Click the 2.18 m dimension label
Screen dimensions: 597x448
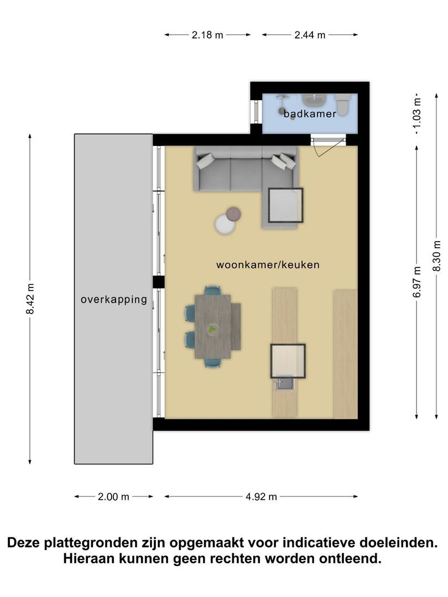click(x=207, y=35)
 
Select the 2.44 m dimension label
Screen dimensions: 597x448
click(x=310, y=35)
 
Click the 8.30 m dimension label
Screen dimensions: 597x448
click(x=437, y=255)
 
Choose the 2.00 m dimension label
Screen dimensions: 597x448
click(x=113, y=496)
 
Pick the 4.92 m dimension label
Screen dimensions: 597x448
click(x=261, y=496)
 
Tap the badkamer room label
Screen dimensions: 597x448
click(x=310, y=114)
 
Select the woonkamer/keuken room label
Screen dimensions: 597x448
click(x=268, y=265)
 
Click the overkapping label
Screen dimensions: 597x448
click(x=113, y=300)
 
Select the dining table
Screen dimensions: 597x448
click(x=216, y=327)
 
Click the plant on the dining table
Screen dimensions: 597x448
click(x=212, y=329)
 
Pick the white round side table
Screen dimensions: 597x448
click(x=225, y=224)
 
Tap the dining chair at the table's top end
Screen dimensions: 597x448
click(x=212, y=290)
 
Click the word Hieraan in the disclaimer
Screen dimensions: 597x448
click(x=88, y=558)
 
